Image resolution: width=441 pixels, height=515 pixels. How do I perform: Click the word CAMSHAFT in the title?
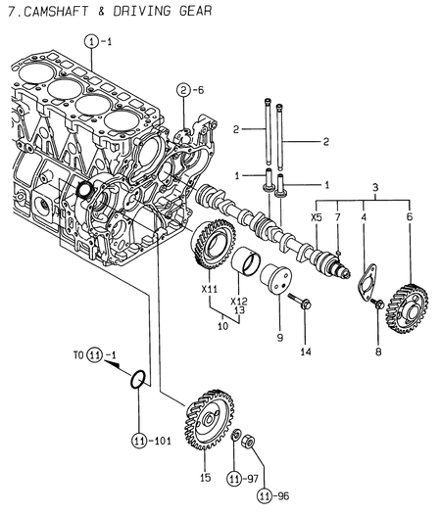(x=57, y=11)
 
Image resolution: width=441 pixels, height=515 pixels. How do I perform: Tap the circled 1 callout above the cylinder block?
(x=91, y=42)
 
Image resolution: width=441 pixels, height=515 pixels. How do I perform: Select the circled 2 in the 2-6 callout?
(x=183, y=90)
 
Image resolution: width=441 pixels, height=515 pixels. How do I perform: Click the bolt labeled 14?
(x=300, y=301)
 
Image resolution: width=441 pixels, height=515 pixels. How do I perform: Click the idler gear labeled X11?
(x=213, y=245)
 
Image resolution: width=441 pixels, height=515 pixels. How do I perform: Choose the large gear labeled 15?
(x=209, y=419)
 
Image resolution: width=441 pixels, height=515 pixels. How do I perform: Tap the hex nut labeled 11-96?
(x=249, y=441)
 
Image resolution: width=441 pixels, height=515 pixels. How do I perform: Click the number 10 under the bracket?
(x=222, y=326)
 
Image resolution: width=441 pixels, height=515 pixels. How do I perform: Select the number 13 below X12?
(x=240, y=310)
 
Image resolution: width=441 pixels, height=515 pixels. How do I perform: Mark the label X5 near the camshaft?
(x=316, y=217)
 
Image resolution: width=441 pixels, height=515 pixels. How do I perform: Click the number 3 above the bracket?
(x=375, y=188)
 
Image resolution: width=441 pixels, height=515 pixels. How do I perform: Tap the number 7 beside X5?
(x=338, y=217)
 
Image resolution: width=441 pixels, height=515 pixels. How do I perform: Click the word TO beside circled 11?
(x=78, y=355)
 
